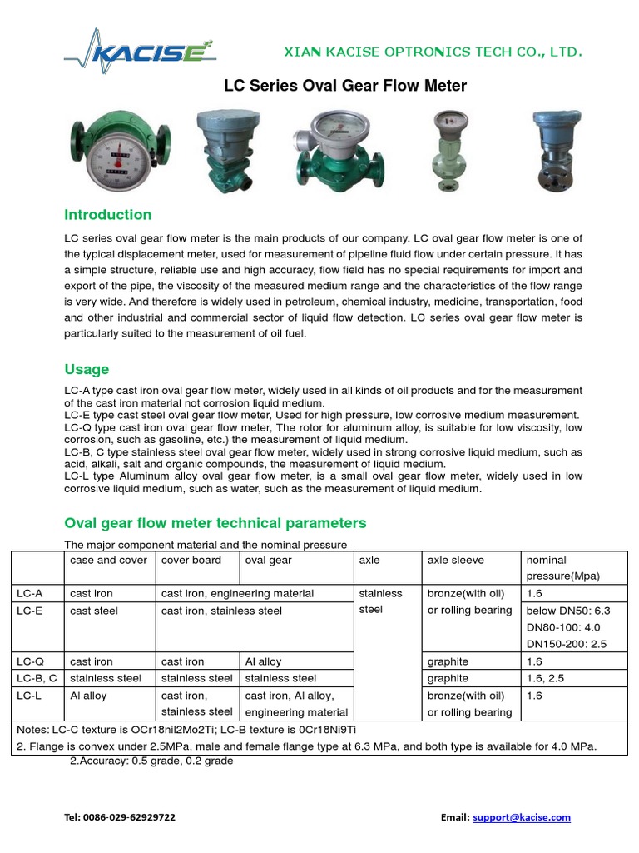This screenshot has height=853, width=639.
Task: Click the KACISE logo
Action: point(140,51)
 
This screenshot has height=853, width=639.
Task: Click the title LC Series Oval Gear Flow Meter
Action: point(345,86)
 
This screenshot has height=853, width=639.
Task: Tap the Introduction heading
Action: point(108,214)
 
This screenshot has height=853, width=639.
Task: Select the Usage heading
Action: point(87,369)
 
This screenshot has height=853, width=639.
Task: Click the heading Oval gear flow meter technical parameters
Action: point(215,523)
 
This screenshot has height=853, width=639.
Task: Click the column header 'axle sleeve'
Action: point(455,561)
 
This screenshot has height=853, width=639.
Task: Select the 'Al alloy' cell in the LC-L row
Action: point(88,696)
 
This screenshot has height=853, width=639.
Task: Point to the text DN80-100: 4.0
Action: point(563,627)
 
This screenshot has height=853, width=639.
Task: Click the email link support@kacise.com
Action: point(521,817)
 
